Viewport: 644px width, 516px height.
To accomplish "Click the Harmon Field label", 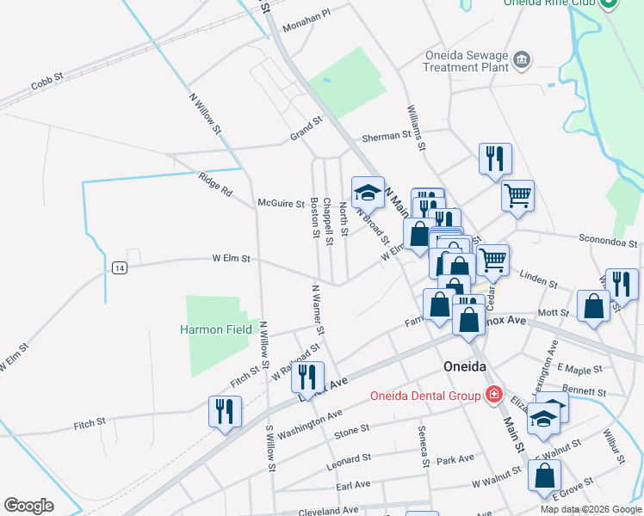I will click(215, 329).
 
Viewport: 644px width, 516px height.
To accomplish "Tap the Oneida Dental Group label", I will click(424, 396).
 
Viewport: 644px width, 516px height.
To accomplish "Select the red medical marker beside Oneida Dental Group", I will click(493, 395).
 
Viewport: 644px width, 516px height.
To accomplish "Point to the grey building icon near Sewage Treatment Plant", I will click(521, 60).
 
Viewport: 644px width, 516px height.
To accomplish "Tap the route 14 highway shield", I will click(120, 267).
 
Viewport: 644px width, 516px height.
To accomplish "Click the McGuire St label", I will click(282, 204).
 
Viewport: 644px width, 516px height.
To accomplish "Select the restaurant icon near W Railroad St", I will click(307, 375).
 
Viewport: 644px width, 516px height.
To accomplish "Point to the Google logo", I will click(29, 506).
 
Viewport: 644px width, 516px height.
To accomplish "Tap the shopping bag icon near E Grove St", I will click(545, 475).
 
